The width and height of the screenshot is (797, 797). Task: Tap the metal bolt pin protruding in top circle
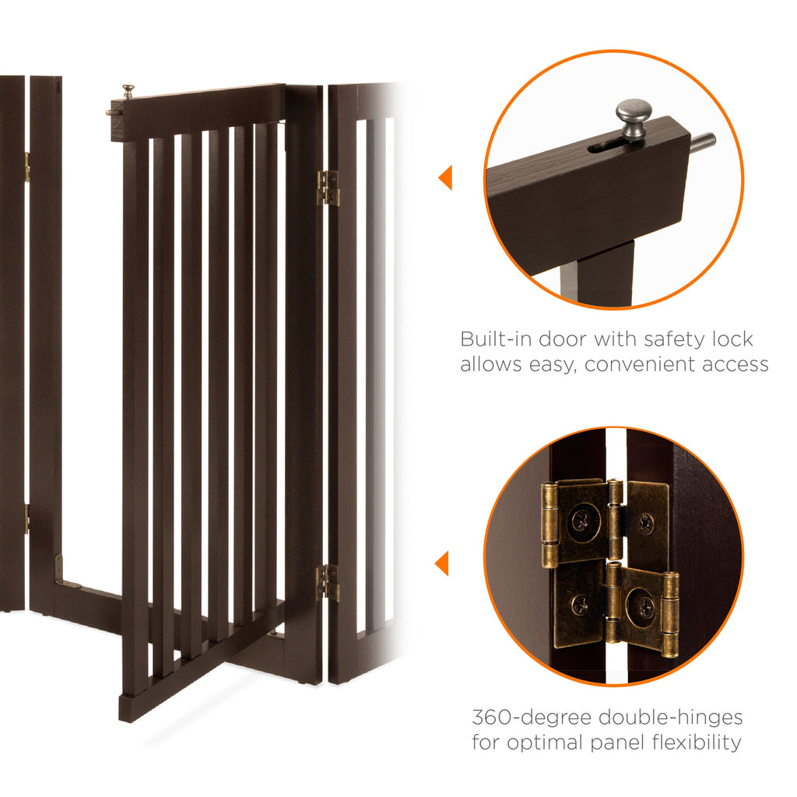(x=702, y=142)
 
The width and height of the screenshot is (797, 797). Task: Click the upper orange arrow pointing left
(x=444, y=177)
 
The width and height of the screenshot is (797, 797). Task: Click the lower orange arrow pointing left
(x=443, y=562)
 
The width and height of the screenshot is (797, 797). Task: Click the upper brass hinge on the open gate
(x=328, y=188)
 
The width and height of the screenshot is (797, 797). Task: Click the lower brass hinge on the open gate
(x=328, y=582)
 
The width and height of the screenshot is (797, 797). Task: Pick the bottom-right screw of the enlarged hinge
(x=642, y=608)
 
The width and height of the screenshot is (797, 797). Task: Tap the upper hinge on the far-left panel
(x=26, y=166)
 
